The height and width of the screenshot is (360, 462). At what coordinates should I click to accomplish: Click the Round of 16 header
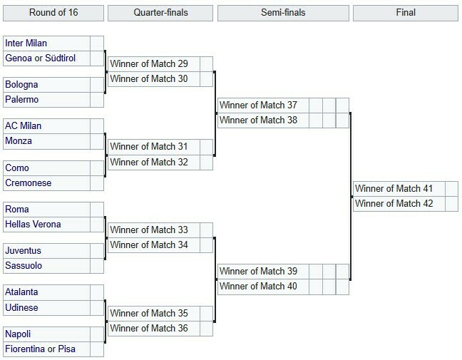(x=53, y=13)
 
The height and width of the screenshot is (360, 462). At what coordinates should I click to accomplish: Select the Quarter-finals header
(x=160, y=13)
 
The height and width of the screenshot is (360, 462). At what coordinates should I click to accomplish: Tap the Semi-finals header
(x=283, y=13)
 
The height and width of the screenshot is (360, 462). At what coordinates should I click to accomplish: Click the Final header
(x=406, y=13)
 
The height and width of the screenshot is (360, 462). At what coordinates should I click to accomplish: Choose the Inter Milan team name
(x=26, y=43)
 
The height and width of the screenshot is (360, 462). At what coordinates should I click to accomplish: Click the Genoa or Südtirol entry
(x=41, y=58)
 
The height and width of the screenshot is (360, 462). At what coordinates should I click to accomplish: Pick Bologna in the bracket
(x=21, y=85)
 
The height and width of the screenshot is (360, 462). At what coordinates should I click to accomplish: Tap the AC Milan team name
(x=23, y=126)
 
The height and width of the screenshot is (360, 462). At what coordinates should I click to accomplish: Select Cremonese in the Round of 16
(x=29, y=183)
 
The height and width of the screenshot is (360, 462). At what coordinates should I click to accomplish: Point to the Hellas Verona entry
(x=33, y=224)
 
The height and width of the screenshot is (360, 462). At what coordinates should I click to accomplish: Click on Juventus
(x=23, y=251)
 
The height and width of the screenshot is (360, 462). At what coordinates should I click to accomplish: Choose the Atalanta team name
(x=21, y=292)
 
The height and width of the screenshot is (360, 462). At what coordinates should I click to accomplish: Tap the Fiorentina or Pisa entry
(x=40, y=349)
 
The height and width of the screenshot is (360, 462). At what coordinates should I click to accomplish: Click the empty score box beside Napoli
(x=97, y=334)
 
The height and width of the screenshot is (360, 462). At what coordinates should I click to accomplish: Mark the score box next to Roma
(x=97, y=210)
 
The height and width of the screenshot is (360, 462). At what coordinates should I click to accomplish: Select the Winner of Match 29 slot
(x=149, y=64)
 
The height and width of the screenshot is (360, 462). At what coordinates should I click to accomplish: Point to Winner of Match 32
(x=149, y=163)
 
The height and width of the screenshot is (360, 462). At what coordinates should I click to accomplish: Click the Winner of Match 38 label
(x=258, y=120)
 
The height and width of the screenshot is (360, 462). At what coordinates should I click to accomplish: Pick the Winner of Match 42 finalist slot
(x=394, y=204)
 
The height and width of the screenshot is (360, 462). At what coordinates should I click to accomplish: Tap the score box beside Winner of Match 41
(x=452, y=188)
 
